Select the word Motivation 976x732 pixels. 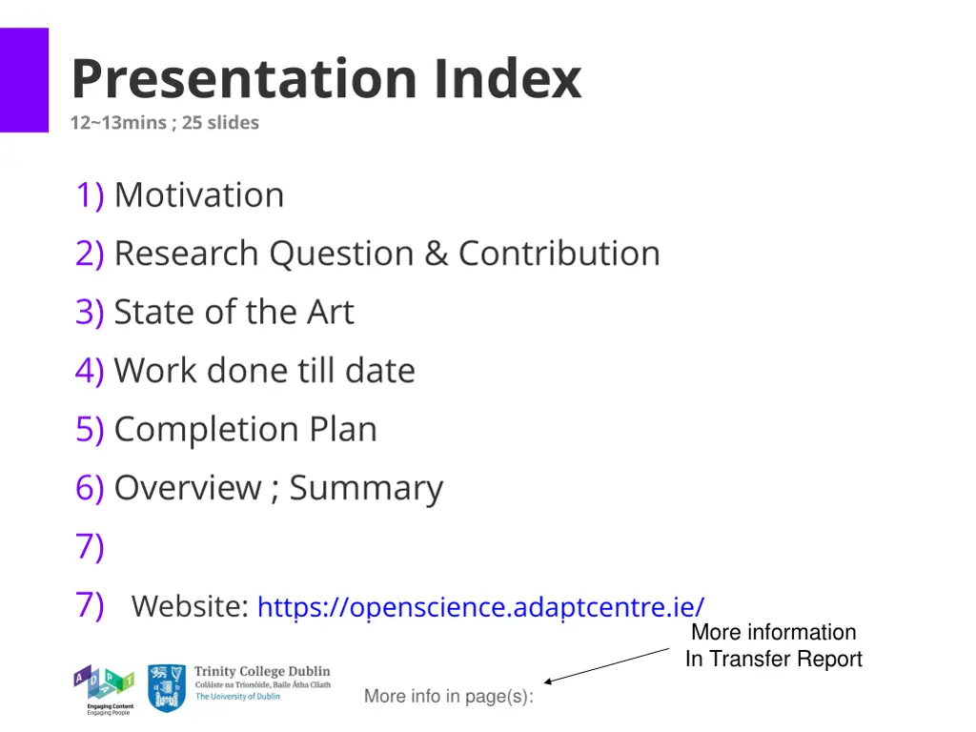coord(199,195)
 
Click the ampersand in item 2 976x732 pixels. coord(436,254)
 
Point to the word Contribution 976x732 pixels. coord(559,254)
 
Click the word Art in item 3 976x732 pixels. coord(330,313)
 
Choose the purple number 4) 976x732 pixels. coord(90,371)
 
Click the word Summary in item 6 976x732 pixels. coord(367,488)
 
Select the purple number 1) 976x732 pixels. coord(90,195)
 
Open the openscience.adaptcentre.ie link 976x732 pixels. coord(481,607)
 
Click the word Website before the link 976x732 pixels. coord(190,606)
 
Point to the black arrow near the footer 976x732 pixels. coord(607,665)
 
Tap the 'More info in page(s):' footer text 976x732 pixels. coord(448,697)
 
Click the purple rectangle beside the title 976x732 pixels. coord(24,80)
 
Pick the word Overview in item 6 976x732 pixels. coord(187,488)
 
